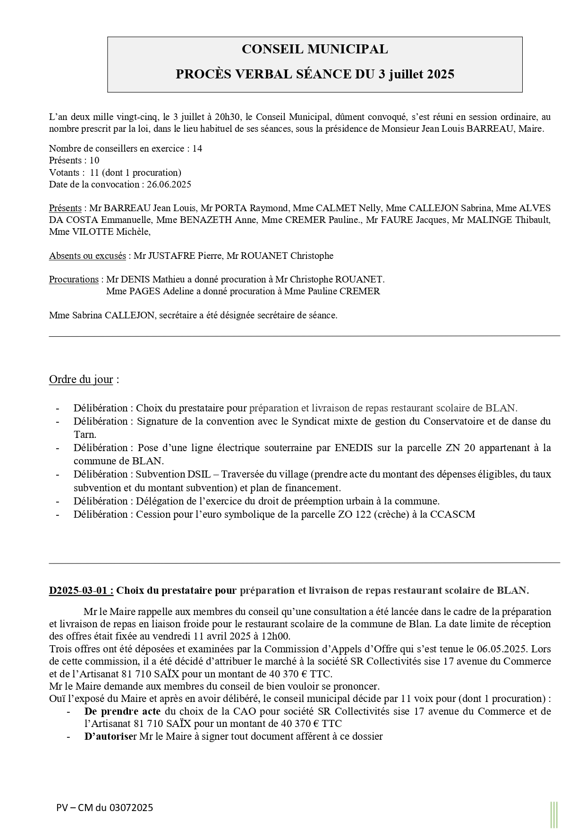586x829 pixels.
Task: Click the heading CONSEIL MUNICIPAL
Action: point(314,49)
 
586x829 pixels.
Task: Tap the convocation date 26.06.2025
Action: point(166,184)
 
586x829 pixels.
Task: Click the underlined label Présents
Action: point(65,208)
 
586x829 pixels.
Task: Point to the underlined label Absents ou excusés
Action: point(87,256)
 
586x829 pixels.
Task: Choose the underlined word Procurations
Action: point(74,279)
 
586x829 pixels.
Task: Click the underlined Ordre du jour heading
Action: point(81,379)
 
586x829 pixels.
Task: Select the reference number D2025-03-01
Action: point(81,590)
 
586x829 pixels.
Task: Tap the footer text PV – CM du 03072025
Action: point(104,807)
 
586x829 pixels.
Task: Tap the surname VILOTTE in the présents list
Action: point(92,231)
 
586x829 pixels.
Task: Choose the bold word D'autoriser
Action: point(110,736)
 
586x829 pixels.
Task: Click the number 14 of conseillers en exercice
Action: point(197,148)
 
